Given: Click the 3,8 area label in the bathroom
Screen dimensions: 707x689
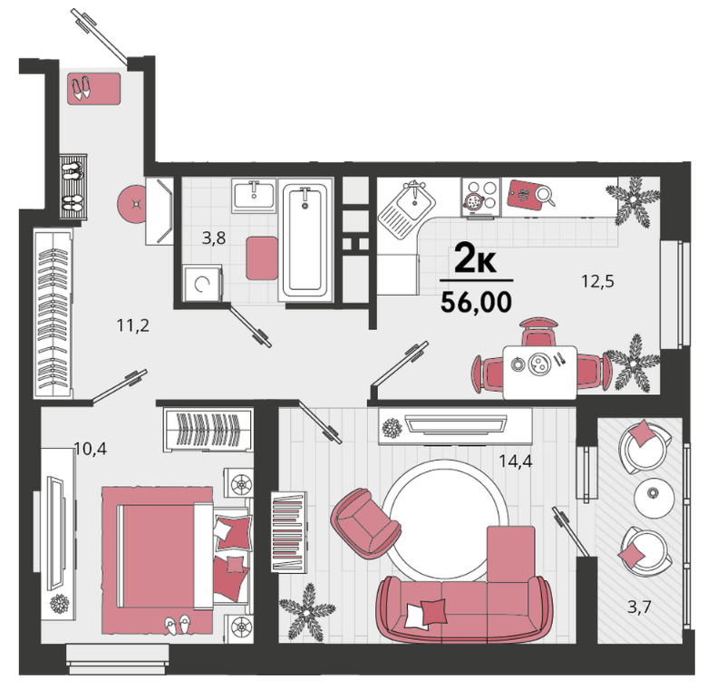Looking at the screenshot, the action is pos(214,238).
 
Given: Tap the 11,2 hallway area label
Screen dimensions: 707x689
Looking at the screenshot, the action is pos(133,325).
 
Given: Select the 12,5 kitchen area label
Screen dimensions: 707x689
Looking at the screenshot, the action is pos(598,281).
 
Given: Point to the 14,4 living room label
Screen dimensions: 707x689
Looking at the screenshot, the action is pos(516,461).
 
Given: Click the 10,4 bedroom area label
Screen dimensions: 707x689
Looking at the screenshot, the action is pos(90,449).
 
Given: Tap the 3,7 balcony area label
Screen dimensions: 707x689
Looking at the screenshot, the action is pos(640,607).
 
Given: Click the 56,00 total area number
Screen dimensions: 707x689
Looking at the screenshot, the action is pos(476,302).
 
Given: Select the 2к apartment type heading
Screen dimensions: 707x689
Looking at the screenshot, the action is pos(475,257).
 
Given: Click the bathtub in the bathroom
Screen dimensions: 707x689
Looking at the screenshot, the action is pos(305,239).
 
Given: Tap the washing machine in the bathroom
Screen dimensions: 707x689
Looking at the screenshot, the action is pos(202,283).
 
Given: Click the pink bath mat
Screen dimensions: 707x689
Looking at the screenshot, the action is pos(262,258).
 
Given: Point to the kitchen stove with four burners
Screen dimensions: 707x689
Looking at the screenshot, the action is pos(480,197).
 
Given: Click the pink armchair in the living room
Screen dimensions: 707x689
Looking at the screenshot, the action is pos(364,523).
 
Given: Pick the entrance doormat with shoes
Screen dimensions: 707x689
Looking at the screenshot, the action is pos(94,89).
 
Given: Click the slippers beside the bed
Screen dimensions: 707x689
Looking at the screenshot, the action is pos(178,625).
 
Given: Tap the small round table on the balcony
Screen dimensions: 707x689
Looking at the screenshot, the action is pos(654,496).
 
